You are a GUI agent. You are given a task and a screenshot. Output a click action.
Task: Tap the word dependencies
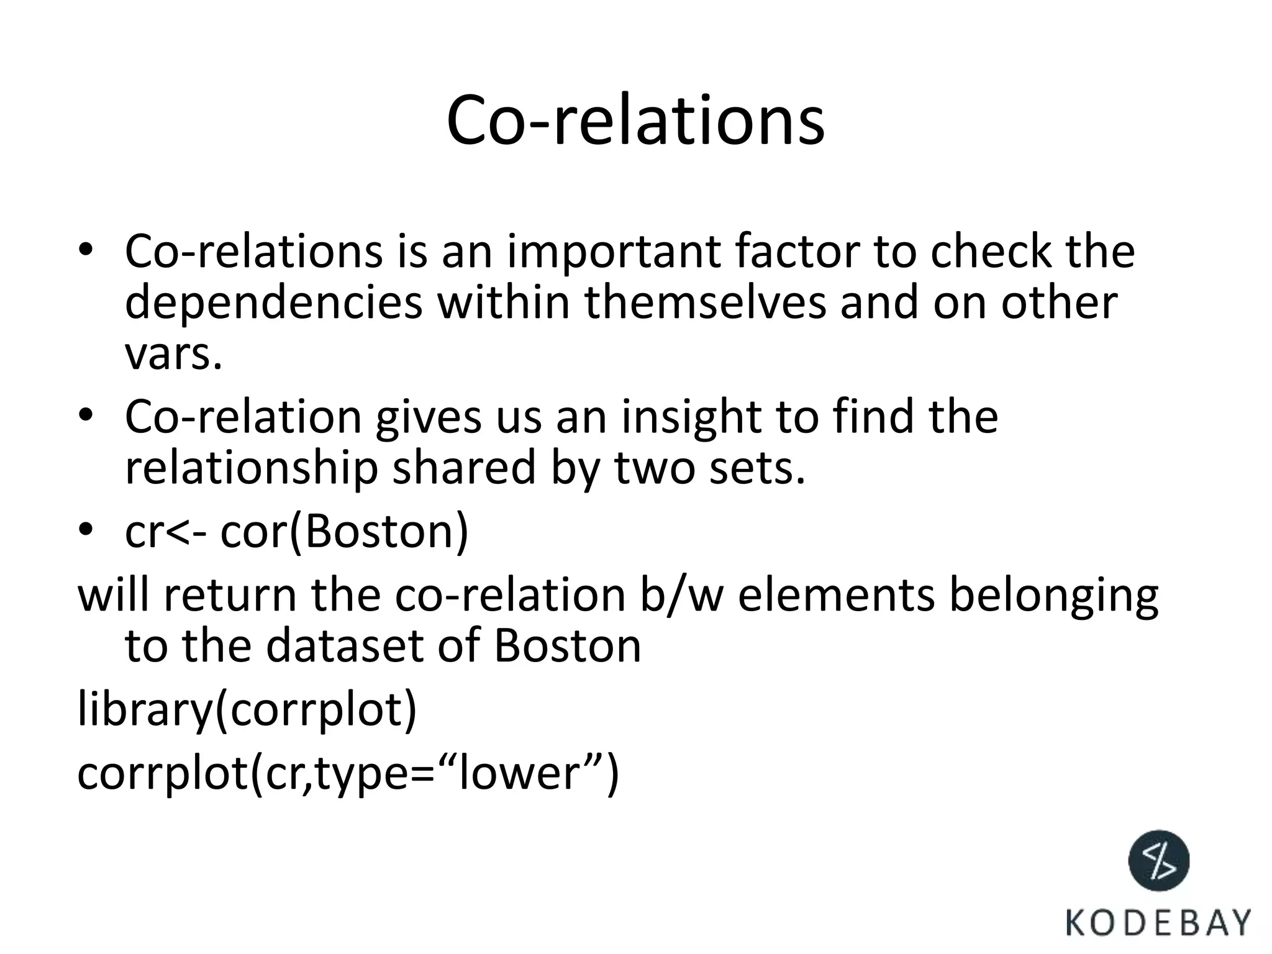(274, 303)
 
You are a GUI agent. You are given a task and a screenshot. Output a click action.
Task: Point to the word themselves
(706, 303)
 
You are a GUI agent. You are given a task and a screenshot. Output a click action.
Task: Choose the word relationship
(252, 468)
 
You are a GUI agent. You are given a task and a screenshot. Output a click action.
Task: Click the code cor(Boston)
(345, 532)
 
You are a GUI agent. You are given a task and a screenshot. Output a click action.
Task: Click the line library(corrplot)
(247, 710)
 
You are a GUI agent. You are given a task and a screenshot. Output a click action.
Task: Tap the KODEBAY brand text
(1158, 923)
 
